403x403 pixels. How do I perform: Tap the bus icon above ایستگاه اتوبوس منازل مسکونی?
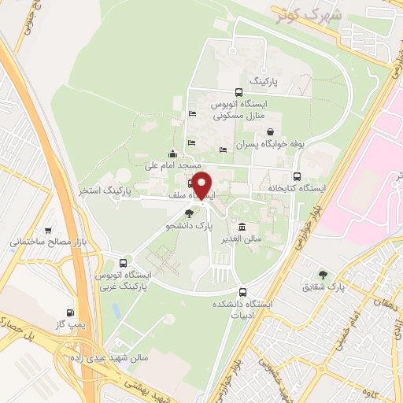[239, 91]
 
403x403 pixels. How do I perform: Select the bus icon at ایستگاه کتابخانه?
[296, 176]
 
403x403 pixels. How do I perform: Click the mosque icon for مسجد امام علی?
[172, 154]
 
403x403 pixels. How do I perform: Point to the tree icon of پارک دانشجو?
[188, 213]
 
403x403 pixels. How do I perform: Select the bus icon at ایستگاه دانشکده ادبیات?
[242, 290]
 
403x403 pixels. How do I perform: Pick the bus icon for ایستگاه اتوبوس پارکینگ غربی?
[123, 263]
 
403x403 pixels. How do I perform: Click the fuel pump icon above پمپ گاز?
[71, 312]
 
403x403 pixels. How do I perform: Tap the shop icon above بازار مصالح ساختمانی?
[50, 231]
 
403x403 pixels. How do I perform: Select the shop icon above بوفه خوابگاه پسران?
[270, 131]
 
